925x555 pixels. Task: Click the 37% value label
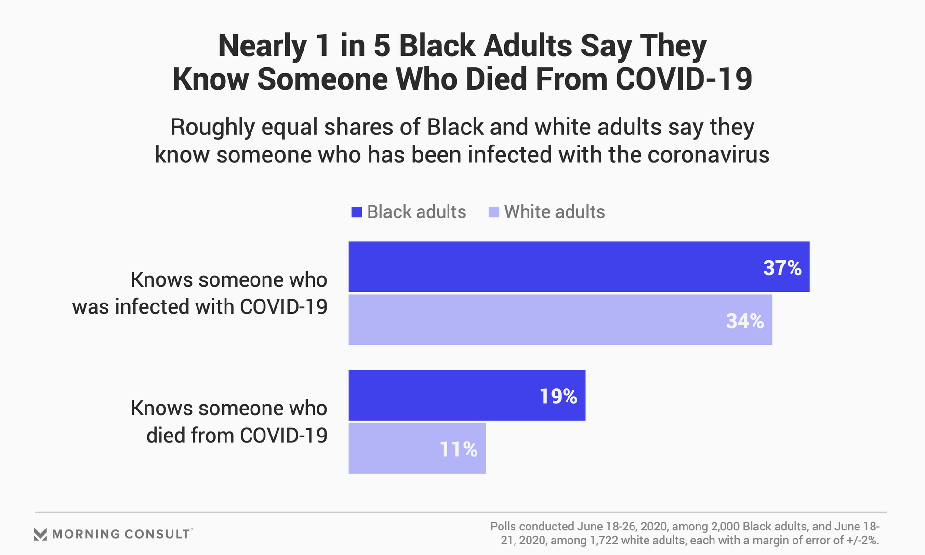pos(782,268)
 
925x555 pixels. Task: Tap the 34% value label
pos(745,321)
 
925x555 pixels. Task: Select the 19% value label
pos(558,396)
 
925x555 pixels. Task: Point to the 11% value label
pos(458,449)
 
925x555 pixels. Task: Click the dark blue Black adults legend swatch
pos(357,212)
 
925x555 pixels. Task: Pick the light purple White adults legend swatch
pos(493,212)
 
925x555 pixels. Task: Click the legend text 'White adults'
pos(554,212)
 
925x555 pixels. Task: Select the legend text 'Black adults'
pos(416,212)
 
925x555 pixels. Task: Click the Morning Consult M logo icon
pos(40,534)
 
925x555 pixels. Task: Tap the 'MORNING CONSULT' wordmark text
pos(121,534)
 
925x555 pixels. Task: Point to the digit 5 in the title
pos(382,46)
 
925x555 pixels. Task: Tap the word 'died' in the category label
pos(166,436)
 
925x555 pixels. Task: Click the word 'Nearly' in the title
pos(262,46)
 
